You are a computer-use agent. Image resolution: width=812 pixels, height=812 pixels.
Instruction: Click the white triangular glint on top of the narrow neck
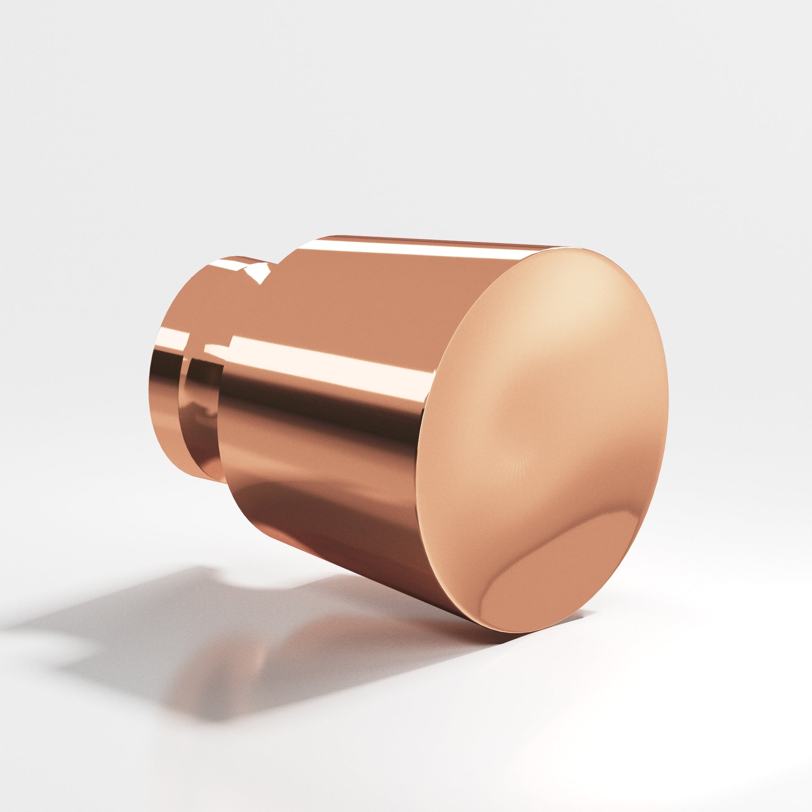[256, 273]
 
